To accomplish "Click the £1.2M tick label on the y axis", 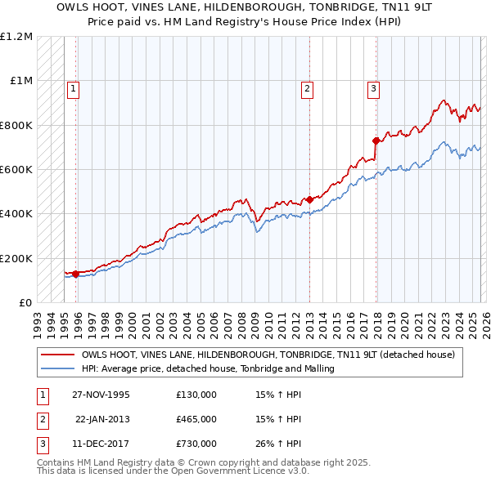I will pyautogui.click(x=16, y=37).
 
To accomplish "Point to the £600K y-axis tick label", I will pyautogui.click(x=16, y=170).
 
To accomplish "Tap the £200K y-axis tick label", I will pyautogui.click(x=16, y=258).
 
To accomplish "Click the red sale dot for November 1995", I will pyautogui.click(x=75, y=274).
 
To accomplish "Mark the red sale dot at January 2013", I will pyautogui.click(x=309, y=199).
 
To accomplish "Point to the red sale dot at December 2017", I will pyautogui.click(x=376, y=141).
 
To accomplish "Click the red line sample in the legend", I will pyautogui.click(x=57, y=355).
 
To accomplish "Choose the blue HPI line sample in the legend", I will pyautogui.click(x=57, y=368).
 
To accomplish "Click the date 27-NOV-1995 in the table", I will pyautogui.click(x=101, y=394).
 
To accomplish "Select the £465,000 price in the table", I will pyautogui.click(x=196, y=418).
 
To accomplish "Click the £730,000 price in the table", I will pyautogui.click(x=196, y=444).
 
